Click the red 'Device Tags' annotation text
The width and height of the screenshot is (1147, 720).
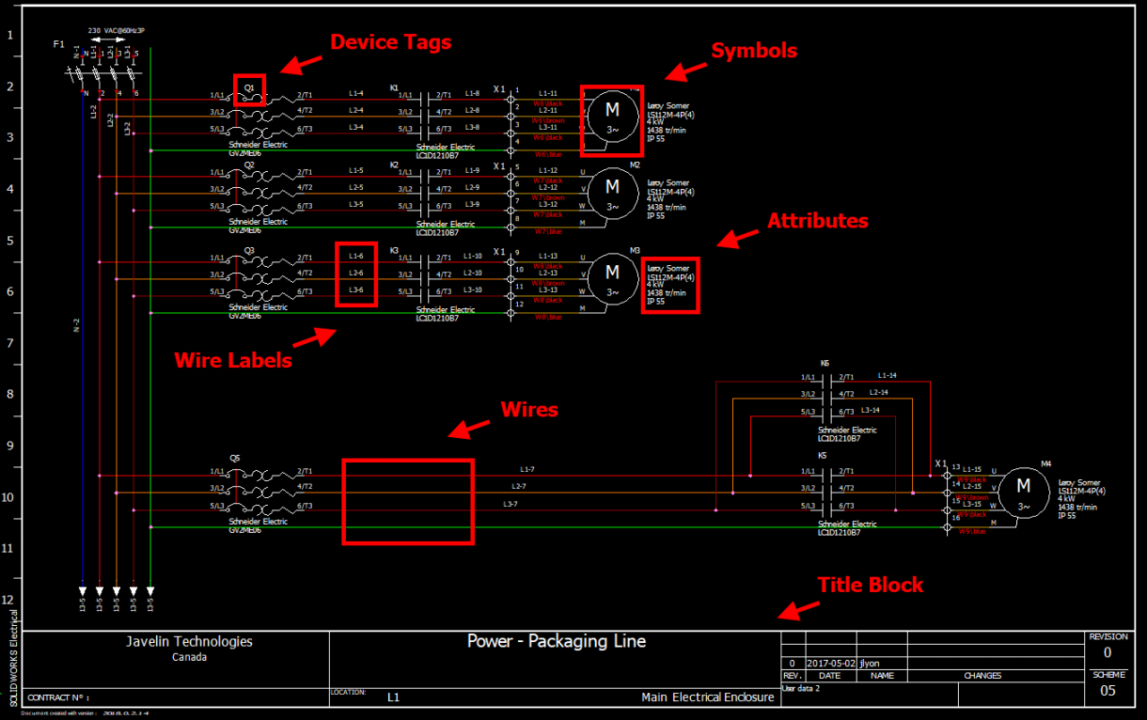390,42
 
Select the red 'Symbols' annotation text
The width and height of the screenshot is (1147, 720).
753,51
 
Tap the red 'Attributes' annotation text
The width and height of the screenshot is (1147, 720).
817,221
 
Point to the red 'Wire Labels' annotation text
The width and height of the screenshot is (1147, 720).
233,360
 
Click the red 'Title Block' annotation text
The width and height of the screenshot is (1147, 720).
870,585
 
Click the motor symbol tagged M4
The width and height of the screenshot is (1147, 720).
1023,493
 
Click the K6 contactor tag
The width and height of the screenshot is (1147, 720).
825,363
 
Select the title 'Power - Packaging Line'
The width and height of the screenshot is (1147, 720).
556,642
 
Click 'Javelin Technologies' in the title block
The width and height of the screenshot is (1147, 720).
189,642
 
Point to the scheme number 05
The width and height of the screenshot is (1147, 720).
1108,691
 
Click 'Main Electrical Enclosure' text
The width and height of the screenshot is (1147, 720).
707,697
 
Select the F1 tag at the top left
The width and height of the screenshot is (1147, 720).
58,44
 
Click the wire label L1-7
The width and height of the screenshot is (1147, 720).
527,469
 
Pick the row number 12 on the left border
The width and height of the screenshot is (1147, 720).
9,600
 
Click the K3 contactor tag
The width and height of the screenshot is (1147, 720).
395,250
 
